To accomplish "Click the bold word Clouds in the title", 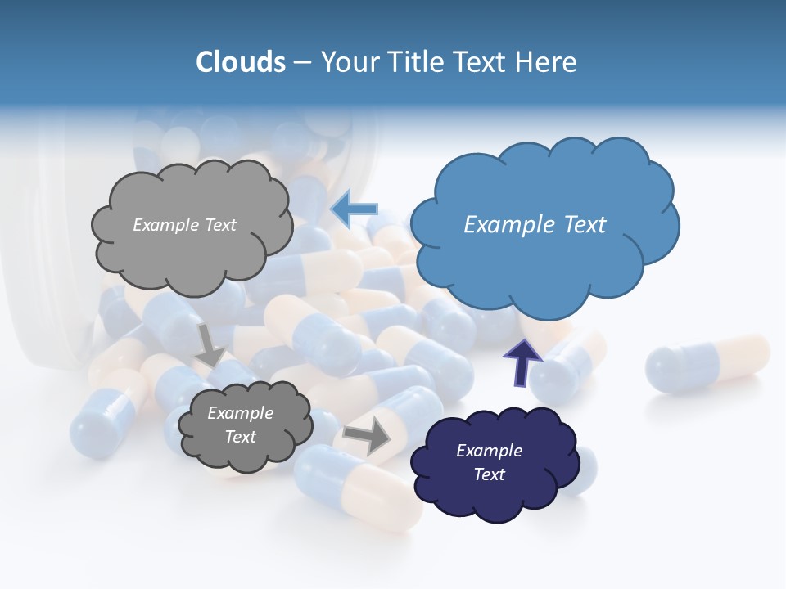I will coord(240,61).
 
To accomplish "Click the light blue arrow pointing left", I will coord(354,209).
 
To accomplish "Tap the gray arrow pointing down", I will coord(210,344).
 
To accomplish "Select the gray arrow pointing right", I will coord(368,437).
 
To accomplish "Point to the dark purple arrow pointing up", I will coord(522,361).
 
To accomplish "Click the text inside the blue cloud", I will coord(535,224).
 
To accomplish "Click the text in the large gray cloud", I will coord(184,224).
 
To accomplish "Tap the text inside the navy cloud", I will coord(489,462).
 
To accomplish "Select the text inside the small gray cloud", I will coord(240,425).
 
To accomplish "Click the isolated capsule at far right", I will coord(707,361).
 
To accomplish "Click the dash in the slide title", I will coord(301,62).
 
